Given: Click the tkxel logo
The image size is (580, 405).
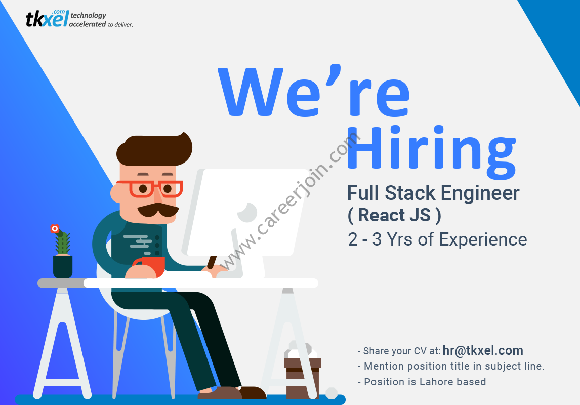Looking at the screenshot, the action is coord(78,19).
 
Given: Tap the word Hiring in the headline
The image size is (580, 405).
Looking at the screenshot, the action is coord(431,152).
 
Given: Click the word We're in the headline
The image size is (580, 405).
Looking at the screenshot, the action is coord(314,91).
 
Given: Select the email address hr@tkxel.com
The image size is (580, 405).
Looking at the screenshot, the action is coord(483,351).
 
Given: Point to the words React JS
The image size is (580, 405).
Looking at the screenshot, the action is coord(394,215).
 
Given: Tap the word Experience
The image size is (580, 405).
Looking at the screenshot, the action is coord(483,240).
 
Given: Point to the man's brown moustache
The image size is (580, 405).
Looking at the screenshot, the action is coord(158,210).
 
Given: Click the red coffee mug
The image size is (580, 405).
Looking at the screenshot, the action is coord(150,266).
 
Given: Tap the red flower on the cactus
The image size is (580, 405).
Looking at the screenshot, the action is coord(55,229).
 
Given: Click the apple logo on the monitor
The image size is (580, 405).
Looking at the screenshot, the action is coord(247,213).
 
